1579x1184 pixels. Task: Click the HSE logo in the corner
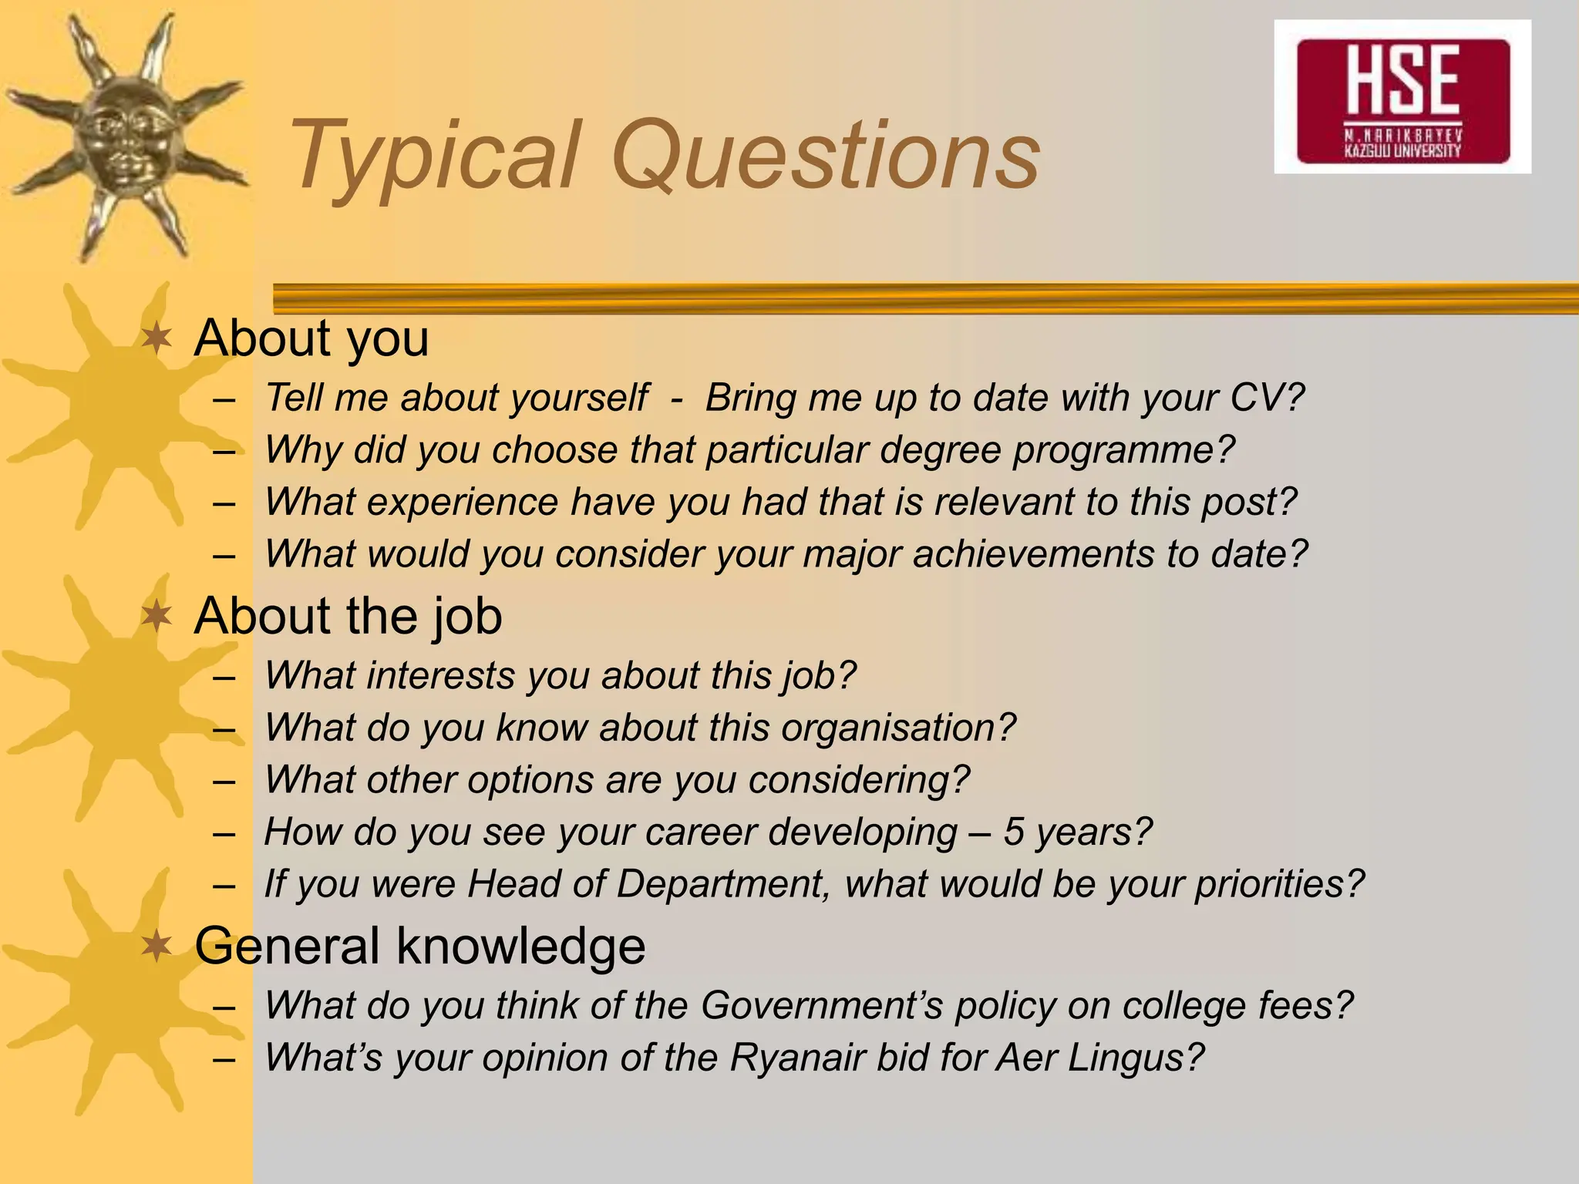[x=1402, y=97]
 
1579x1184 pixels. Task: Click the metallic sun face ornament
[x=123, y=135]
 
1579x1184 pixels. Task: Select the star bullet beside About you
[x=157, y=338]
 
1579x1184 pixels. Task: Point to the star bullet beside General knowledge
[x=157, y=946]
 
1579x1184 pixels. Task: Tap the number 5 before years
[x=1013, y=832]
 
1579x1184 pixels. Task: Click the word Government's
[x=822, y=1006]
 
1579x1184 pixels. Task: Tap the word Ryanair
[x=797, y=1058]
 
